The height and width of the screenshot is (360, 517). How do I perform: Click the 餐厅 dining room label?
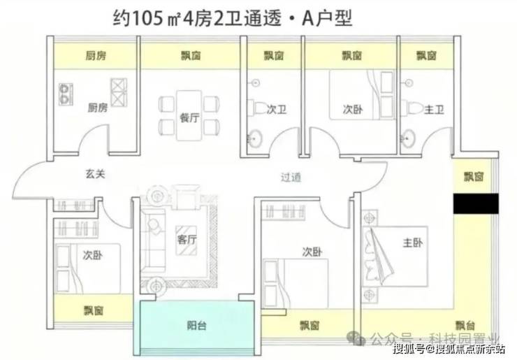coord(190,117)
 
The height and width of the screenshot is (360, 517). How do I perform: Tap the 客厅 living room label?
coord(187,239)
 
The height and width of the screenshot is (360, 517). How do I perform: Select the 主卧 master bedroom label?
coord(412,243)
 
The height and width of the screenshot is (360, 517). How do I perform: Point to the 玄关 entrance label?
coord(95,174)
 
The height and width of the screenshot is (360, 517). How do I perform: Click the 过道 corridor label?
coord(291,178)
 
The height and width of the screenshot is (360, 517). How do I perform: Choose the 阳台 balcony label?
coord(197,326)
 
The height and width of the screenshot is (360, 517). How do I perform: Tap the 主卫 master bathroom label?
coord(434,110)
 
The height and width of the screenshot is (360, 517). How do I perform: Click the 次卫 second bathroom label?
coord(276,110)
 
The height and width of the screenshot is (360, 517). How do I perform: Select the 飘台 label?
coord(465,326)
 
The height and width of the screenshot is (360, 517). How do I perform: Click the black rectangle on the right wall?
coord(476,203)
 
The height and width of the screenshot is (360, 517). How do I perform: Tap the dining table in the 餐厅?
coord(189,115)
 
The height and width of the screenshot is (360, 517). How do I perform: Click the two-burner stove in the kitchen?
coord(66,94)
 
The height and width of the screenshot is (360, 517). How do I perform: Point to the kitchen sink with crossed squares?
coord(119,92)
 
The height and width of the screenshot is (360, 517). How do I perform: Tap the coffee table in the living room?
coord(187,240)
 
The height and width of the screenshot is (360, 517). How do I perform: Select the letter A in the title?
coord(307,19)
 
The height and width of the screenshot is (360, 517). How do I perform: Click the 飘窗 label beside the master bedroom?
coord(474,177)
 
